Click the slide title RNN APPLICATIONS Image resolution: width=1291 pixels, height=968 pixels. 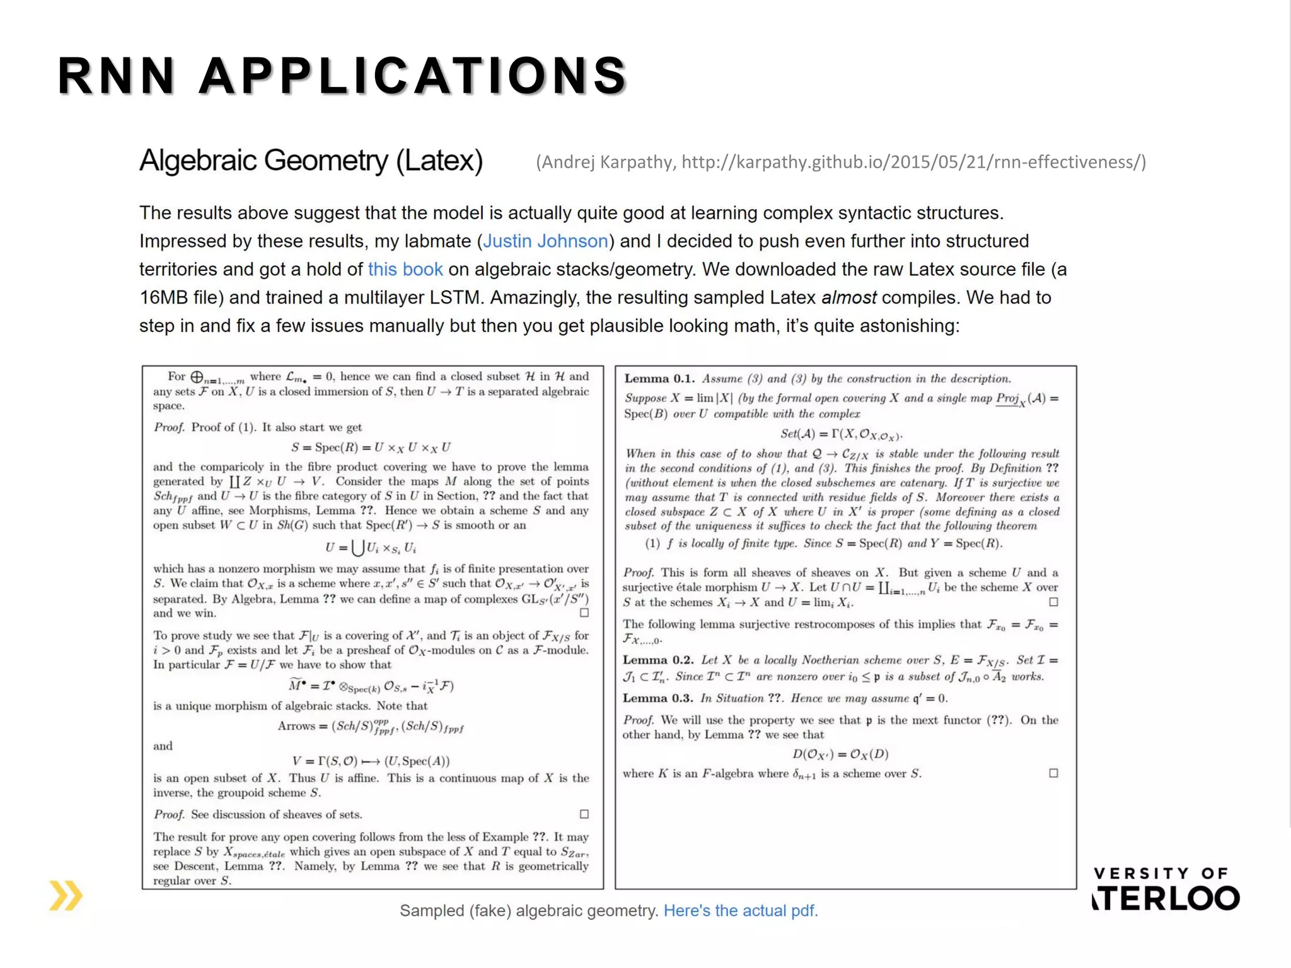point(342,76)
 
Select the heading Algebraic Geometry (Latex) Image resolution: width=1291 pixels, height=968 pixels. point(311,161)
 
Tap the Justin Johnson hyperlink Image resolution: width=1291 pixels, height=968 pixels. point(545,241)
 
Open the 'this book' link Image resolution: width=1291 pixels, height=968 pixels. point(405,270)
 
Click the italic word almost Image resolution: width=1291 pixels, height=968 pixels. point(848,297)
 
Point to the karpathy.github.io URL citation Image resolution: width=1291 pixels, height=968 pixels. point(840,163)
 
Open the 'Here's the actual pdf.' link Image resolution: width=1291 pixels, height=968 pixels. point(740,911)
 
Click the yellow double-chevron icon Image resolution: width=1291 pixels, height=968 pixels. point(66,896)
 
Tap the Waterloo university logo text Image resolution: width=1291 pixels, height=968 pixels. point(1166,890)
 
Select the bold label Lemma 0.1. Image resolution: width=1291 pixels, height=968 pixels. point(659,379)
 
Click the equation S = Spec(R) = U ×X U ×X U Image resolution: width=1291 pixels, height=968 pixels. point(371,447)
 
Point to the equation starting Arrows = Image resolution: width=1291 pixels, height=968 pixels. point(371,727)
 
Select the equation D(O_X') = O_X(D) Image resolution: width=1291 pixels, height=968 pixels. point(840,754)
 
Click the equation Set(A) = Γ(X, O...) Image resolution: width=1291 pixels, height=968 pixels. point(840,434)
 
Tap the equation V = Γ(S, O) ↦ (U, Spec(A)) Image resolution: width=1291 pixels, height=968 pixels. point(371,761)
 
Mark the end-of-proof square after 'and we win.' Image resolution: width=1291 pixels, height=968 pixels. point(584,613)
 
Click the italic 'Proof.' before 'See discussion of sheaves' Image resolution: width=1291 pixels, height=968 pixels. point(169,815)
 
